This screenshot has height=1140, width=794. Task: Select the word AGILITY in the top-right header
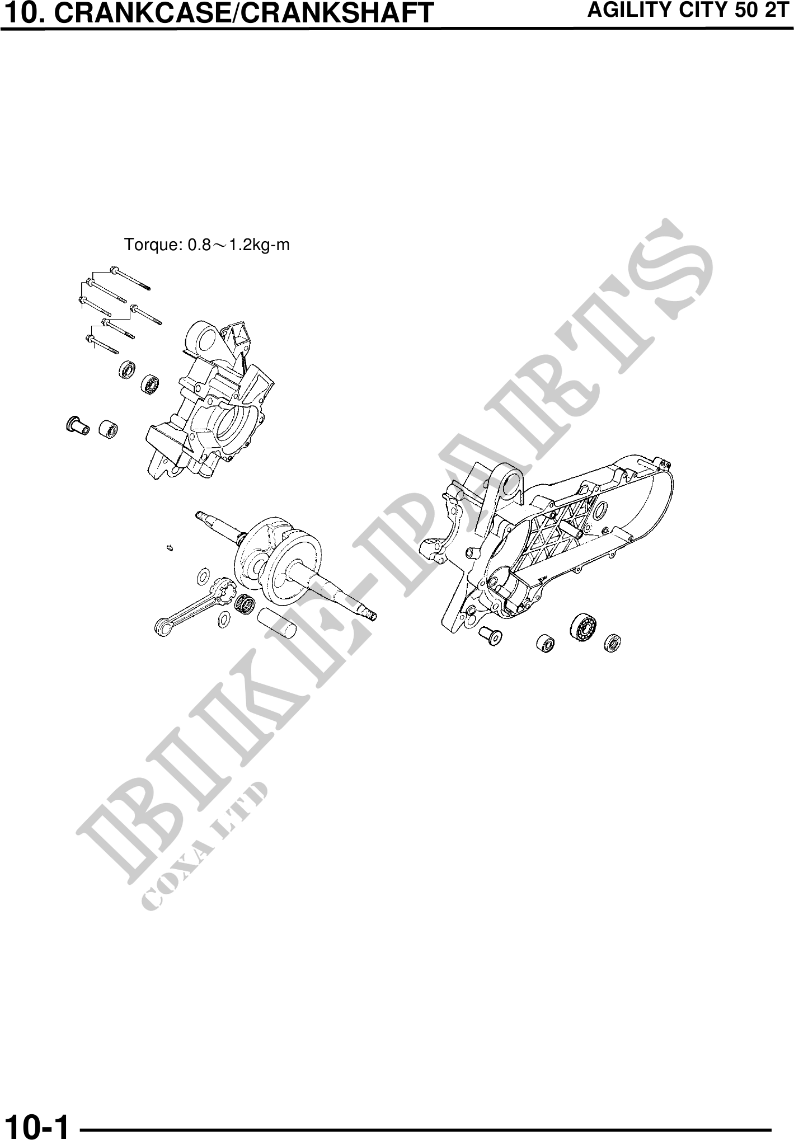627,11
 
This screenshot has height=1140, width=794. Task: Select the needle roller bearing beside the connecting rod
244,603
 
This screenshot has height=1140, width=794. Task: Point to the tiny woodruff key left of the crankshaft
171,547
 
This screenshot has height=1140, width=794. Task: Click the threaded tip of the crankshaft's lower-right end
372,616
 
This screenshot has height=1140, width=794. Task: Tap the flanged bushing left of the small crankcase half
77,425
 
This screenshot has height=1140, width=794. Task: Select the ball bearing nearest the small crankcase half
151,383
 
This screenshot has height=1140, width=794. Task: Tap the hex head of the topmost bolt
114,270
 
